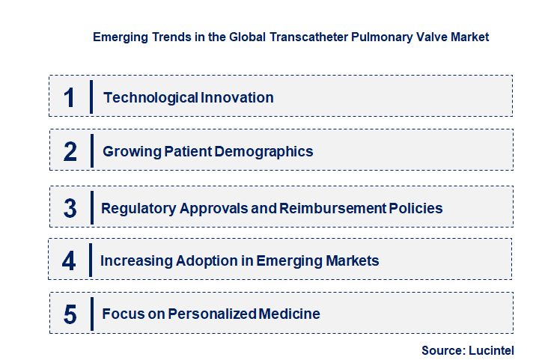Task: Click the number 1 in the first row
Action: (x=69, y=98)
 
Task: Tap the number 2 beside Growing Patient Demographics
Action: (x=70, y=152)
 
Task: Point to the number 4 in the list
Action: (x=69, y=261)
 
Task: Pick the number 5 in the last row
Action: (x=70, y=314)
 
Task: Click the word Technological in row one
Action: (x=140, y=98)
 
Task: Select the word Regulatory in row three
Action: (x=139, y=209)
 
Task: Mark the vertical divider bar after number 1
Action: (x=91, y=97)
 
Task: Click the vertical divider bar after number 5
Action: (x=91, y=314)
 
